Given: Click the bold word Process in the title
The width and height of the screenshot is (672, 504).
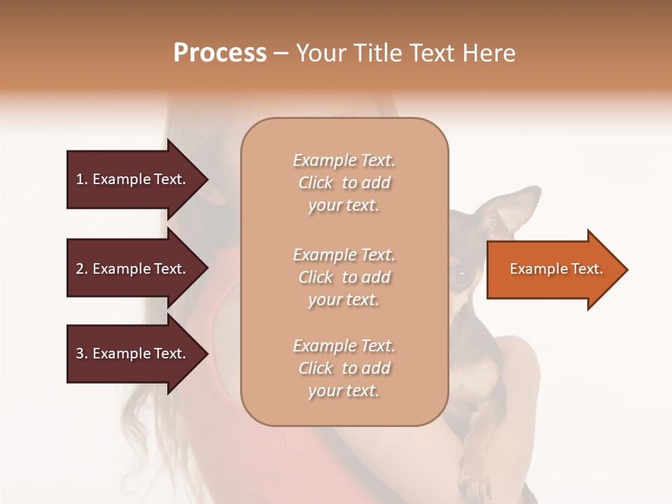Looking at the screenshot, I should click(220, 53).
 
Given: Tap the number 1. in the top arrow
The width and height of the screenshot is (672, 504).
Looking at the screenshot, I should click(82, 179).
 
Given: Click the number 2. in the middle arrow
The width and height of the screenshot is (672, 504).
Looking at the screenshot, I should click(82, 269).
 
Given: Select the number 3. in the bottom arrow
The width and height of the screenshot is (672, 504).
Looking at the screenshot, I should click(82, 353).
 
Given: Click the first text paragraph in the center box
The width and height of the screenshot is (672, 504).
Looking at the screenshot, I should click(344, 183).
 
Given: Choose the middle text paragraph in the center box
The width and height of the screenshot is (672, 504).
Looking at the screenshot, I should click(344, 277).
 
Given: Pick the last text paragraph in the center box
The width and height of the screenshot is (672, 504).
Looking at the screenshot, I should click(344, 368).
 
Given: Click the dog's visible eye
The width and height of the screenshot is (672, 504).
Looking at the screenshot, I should click(462, 275).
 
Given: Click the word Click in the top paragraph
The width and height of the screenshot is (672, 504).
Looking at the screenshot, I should click(315, 183).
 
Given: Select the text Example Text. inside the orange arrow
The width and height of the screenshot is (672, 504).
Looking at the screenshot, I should click(556, 269).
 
